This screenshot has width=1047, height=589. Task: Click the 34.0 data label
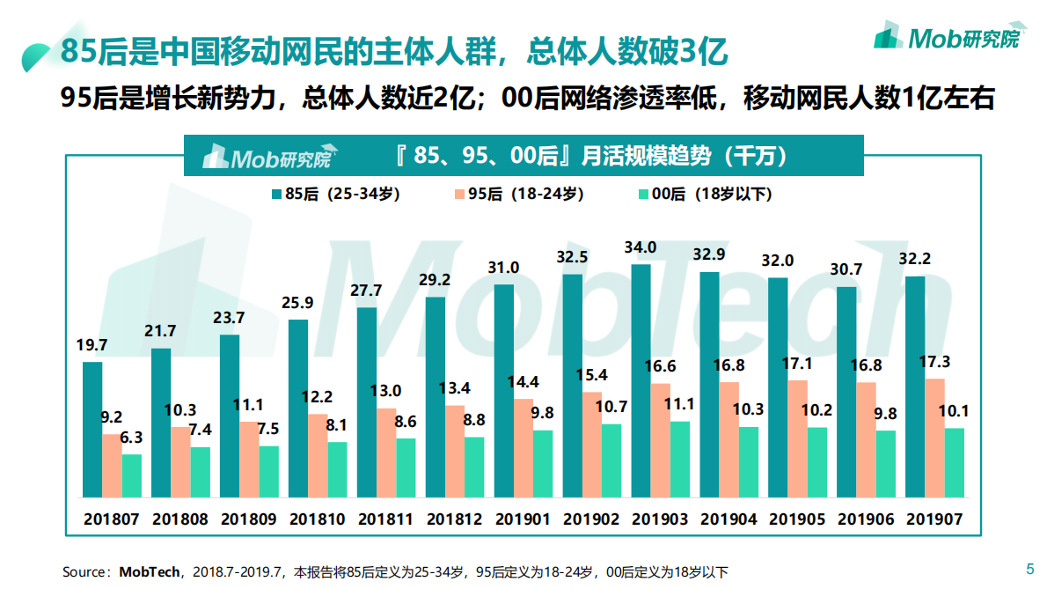pos(640,247)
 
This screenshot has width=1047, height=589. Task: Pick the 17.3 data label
pos(934,362)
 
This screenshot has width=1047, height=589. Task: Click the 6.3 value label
pos(132,437)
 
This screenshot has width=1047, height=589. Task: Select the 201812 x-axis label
pos(454,519)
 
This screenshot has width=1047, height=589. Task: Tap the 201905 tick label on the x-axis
pos(797,519)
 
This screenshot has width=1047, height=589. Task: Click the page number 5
pos(1030,569)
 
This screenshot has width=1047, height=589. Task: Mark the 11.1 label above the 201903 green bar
pos(680,404)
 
